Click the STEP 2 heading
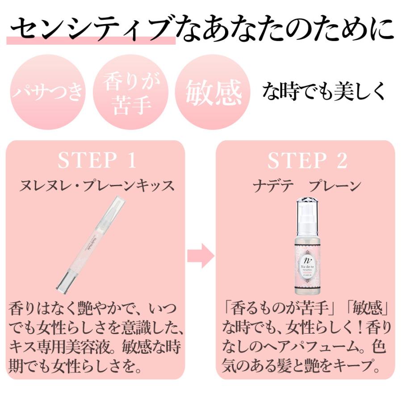point(307,161)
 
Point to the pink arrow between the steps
point(201,255)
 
